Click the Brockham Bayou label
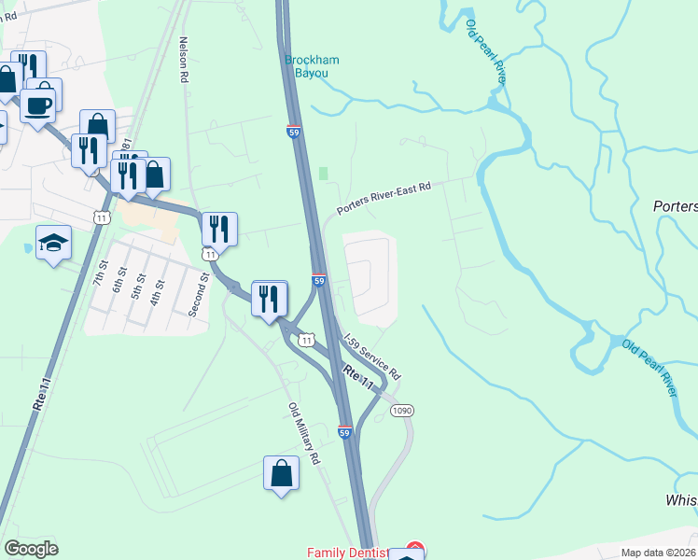pyautogui.click(x=312, y=66)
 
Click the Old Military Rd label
pyautogui.click(x=304, y=434)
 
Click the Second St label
pyautogui.click(x=195, y=294)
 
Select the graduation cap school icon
pyautogui.click(x=54, y=243)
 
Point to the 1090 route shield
pyautogui.click(x=402, y=411)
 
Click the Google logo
pyautogui.click(x=31, y=549)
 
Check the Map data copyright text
pyautogui.click(x=659, y=553)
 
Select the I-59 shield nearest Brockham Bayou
pyautogui.click(x=293, y=132)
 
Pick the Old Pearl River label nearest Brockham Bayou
pyautogui.click(x=485, y=52)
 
